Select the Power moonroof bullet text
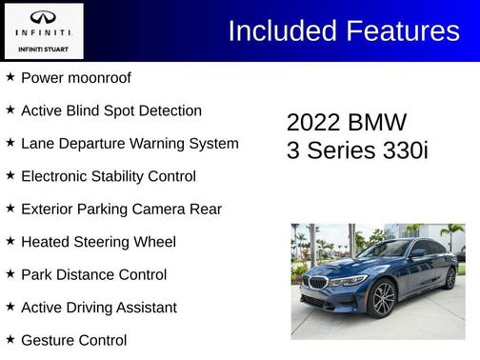pyautogui.click(x=75, y=78)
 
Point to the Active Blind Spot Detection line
pyautogui.click(x=110, y=110)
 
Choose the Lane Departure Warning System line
pyautogui.click(x=129, y=144)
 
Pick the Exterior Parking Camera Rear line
pyautogui.click(x=121, y=209)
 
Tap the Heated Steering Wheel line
pyautogui.click(x=98, y=242)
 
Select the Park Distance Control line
pyautogui.click(x=93, y=274)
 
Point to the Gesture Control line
pyautogui.click(x=73, y=340)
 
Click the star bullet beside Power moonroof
pyautogui.click(x=10, y=77)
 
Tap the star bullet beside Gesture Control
pyautogui.click(x=10, y=339)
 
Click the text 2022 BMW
pyautogui.click(x=346, y=123)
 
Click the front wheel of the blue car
pyautogui.click(x=383, y=299)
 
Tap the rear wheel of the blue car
pyautogui.click(x=450, y=278)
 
